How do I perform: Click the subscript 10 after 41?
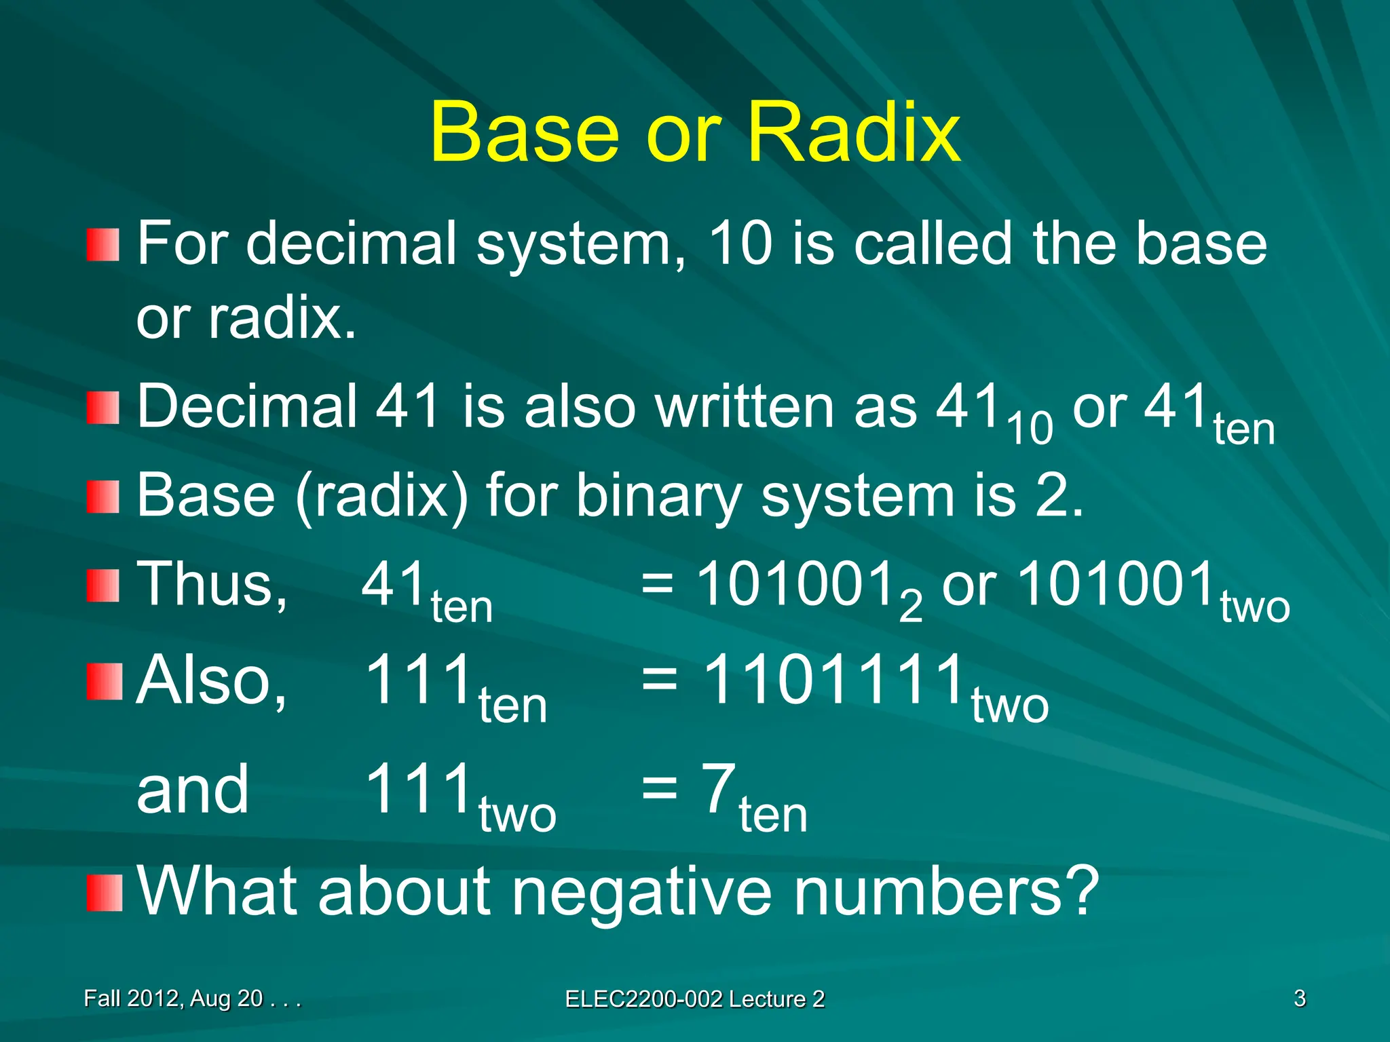(1030, 429)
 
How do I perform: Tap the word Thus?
(212, 585)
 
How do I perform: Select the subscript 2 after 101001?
(910, 606)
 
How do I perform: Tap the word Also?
(212, 680)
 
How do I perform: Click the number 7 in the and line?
(719, 788)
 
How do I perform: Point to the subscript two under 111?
(517, 815)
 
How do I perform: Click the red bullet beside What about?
(104, 893)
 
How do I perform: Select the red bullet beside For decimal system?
(103, 245)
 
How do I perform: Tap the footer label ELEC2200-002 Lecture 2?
(694, 999)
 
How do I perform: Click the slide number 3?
(1299, 999)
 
